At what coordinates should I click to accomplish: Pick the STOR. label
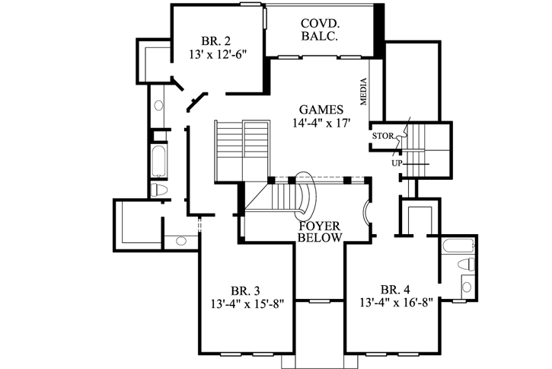point(382,136)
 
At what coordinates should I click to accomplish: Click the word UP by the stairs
point(397,163)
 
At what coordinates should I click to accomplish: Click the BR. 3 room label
point(245,290)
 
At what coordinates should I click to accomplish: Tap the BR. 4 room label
point(394,290)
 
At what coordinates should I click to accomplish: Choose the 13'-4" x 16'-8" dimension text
point(396,303)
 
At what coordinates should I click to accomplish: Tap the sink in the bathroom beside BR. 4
point(467,287)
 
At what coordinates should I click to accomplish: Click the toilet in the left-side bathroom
point(160,189)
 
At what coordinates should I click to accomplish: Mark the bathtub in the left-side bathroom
point(158,160)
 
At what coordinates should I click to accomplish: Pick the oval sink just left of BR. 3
point(181,241)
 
